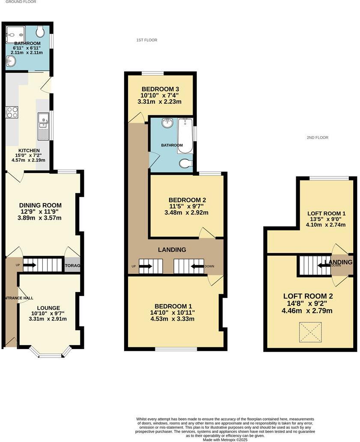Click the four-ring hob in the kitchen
click(12, 112)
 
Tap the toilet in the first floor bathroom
click(185, 164)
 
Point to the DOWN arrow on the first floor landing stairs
click(197, 266)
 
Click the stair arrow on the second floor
click(323, 265)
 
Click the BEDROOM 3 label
click(160, 89)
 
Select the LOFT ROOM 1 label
click(326, 213)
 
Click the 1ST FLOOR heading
click(147, 40)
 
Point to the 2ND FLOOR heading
click(317, 137)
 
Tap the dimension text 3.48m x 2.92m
click(187, 212)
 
